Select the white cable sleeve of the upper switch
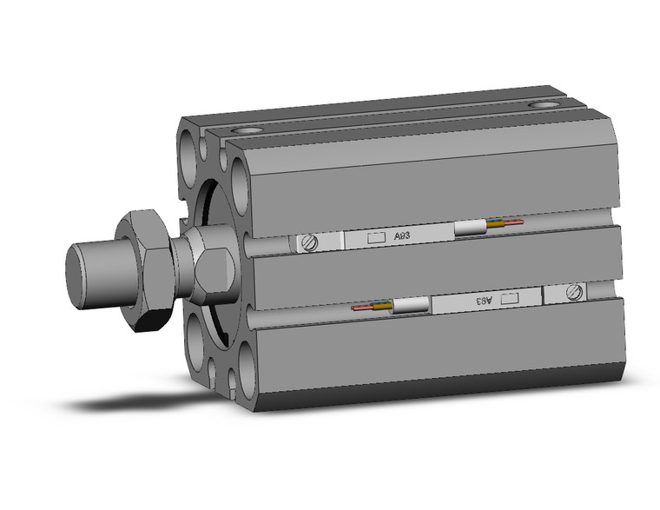coord(470,229)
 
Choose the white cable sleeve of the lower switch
coord(412,305)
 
